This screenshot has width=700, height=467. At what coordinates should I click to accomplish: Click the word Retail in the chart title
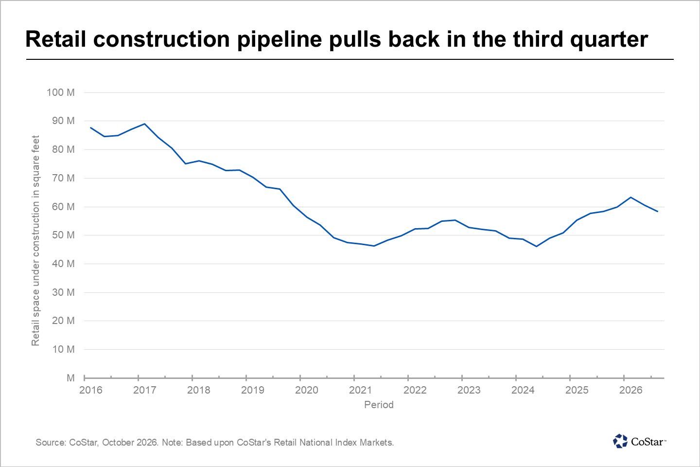click(x=55, y=39)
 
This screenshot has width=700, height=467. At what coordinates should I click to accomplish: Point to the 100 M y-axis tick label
click(x=61, y=92)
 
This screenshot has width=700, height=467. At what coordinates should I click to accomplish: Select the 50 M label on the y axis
click(x=63, y=235)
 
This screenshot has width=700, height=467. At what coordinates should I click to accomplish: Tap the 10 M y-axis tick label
click(x=63, y=349)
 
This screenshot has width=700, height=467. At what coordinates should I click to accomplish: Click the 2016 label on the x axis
click(x=90, y=390)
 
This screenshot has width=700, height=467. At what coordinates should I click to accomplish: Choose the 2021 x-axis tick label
click(x=361, y=390)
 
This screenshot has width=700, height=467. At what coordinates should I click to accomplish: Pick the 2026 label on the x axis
click(x=630, y=390)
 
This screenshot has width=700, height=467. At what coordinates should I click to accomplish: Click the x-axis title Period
click(x=379, y=405)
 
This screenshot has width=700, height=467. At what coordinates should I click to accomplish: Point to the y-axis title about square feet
click(x=35, y=241)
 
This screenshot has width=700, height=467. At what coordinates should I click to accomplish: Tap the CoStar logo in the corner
click(x=639, y=441)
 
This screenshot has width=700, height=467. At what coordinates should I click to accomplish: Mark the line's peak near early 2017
click(x=144, y=124)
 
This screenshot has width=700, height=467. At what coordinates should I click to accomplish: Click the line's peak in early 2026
click(x=630, y=197)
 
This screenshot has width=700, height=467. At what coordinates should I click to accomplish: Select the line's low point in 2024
click(x=536, y=247)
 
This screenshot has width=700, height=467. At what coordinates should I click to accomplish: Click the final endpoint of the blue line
click(x=658, y=212)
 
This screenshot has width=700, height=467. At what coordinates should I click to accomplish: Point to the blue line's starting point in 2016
click(x=90, y=127)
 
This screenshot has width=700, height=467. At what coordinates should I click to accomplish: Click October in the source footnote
click(x=119, y=443)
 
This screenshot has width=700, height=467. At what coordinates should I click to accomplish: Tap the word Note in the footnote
click(x=173, y=443)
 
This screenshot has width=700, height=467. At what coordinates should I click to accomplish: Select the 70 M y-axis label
click(x=63, y=178)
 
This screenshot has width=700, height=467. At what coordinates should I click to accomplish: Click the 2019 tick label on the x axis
click(x=252, y=390)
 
